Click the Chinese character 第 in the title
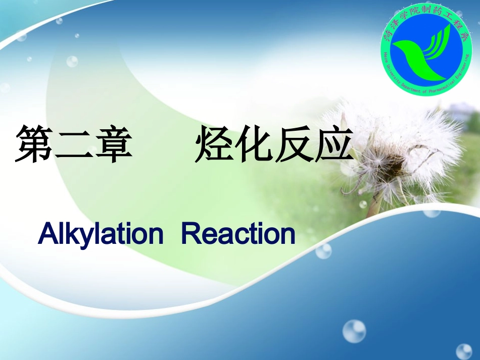(34, 144)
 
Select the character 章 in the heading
(113, 145)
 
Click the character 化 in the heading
(254, 145)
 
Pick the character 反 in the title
(294, 145)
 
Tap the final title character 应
(334, 145)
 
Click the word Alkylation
(101, 234)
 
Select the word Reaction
(237, 234)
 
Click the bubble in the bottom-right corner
(463, 351)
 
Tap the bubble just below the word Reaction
(323, 250)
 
